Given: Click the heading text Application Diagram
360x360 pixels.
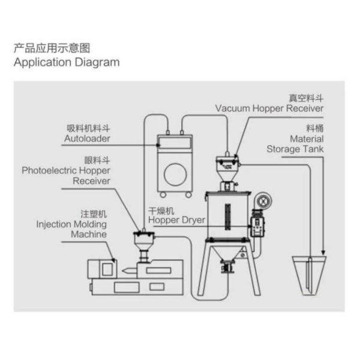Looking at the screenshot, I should click(66, 62).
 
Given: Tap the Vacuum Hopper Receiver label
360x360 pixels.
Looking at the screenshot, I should click(269, 108).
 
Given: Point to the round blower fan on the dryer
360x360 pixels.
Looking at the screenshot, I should click(262, 201).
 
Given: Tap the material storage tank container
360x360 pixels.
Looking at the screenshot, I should click(310, 275).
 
